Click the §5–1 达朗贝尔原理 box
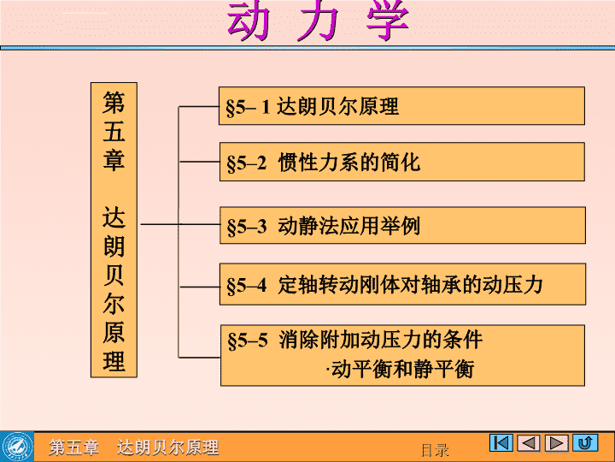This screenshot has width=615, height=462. (401, 106)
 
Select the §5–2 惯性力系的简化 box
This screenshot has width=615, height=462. (402, 162)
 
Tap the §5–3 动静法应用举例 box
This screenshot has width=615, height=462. (402, 225)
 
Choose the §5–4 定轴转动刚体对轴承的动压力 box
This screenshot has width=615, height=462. (402, 284)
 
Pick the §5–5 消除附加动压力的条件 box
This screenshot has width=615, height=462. (402, 355)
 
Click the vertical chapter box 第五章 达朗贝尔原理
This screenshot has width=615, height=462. (114, 230)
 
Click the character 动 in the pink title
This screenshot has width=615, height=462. (249, 21)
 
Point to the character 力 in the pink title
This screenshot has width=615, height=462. (319, 21)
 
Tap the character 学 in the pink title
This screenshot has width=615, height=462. (388, 21)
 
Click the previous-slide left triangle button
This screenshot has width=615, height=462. (529, 443)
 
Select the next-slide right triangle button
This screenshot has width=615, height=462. (557, 443)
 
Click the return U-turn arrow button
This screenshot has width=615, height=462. (585, 443)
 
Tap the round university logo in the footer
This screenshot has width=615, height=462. (17, 447)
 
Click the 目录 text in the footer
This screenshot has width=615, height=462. (435, 450)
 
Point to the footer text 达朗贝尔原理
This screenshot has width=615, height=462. (168, 447)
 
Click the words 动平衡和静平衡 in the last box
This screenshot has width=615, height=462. (402, 369)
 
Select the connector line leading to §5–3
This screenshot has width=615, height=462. (180, 224)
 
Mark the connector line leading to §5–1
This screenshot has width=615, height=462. (198, 106)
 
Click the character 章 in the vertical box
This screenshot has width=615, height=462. (114, 159)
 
